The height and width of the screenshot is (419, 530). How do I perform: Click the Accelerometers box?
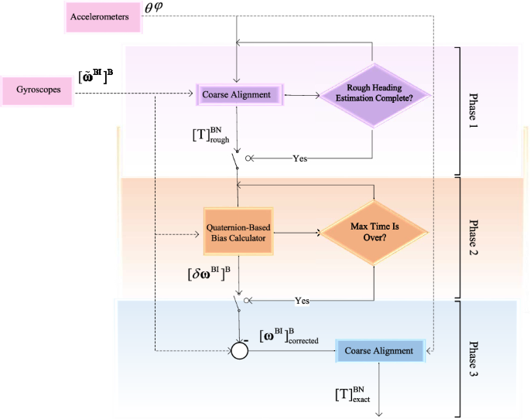100,16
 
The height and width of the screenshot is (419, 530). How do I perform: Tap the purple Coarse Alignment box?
236,95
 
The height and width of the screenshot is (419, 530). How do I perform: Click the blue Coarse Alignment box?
380,351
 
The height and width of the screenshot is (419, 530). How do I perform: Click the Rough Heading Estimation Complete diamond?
374,94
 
